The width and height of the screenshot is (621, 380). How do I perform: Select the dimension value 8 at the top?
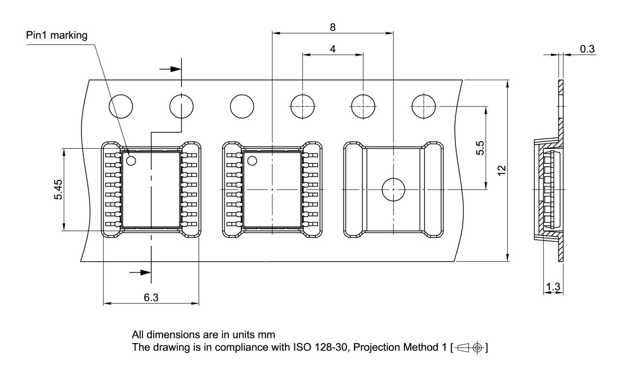click(332, 27)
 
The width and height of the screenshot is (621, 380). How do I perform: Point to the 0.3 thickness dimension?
click(587, 49)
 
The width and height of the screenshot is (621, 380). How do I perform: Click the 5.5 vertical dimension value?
click(480, 148)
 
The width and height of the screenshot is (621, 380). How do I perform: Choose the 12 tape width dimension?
click(502, 170)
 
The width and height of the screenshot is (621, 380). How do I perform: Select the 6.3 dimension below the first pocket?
click(151, 298)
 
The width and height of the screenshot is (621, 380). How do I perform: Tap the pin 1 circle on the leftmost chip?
click(131, 160)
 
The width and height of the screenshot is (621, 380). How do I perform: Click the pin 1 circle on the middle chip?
click(252, 160)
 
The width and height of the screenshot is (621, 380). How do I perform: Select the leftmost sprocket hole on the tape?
click(121, 106)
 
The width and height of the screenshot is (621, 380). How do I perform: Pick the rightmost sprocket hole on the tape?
click(424, 106)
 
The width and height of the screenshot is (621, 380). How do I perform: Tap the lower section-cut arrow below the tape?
click(140, 272)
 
